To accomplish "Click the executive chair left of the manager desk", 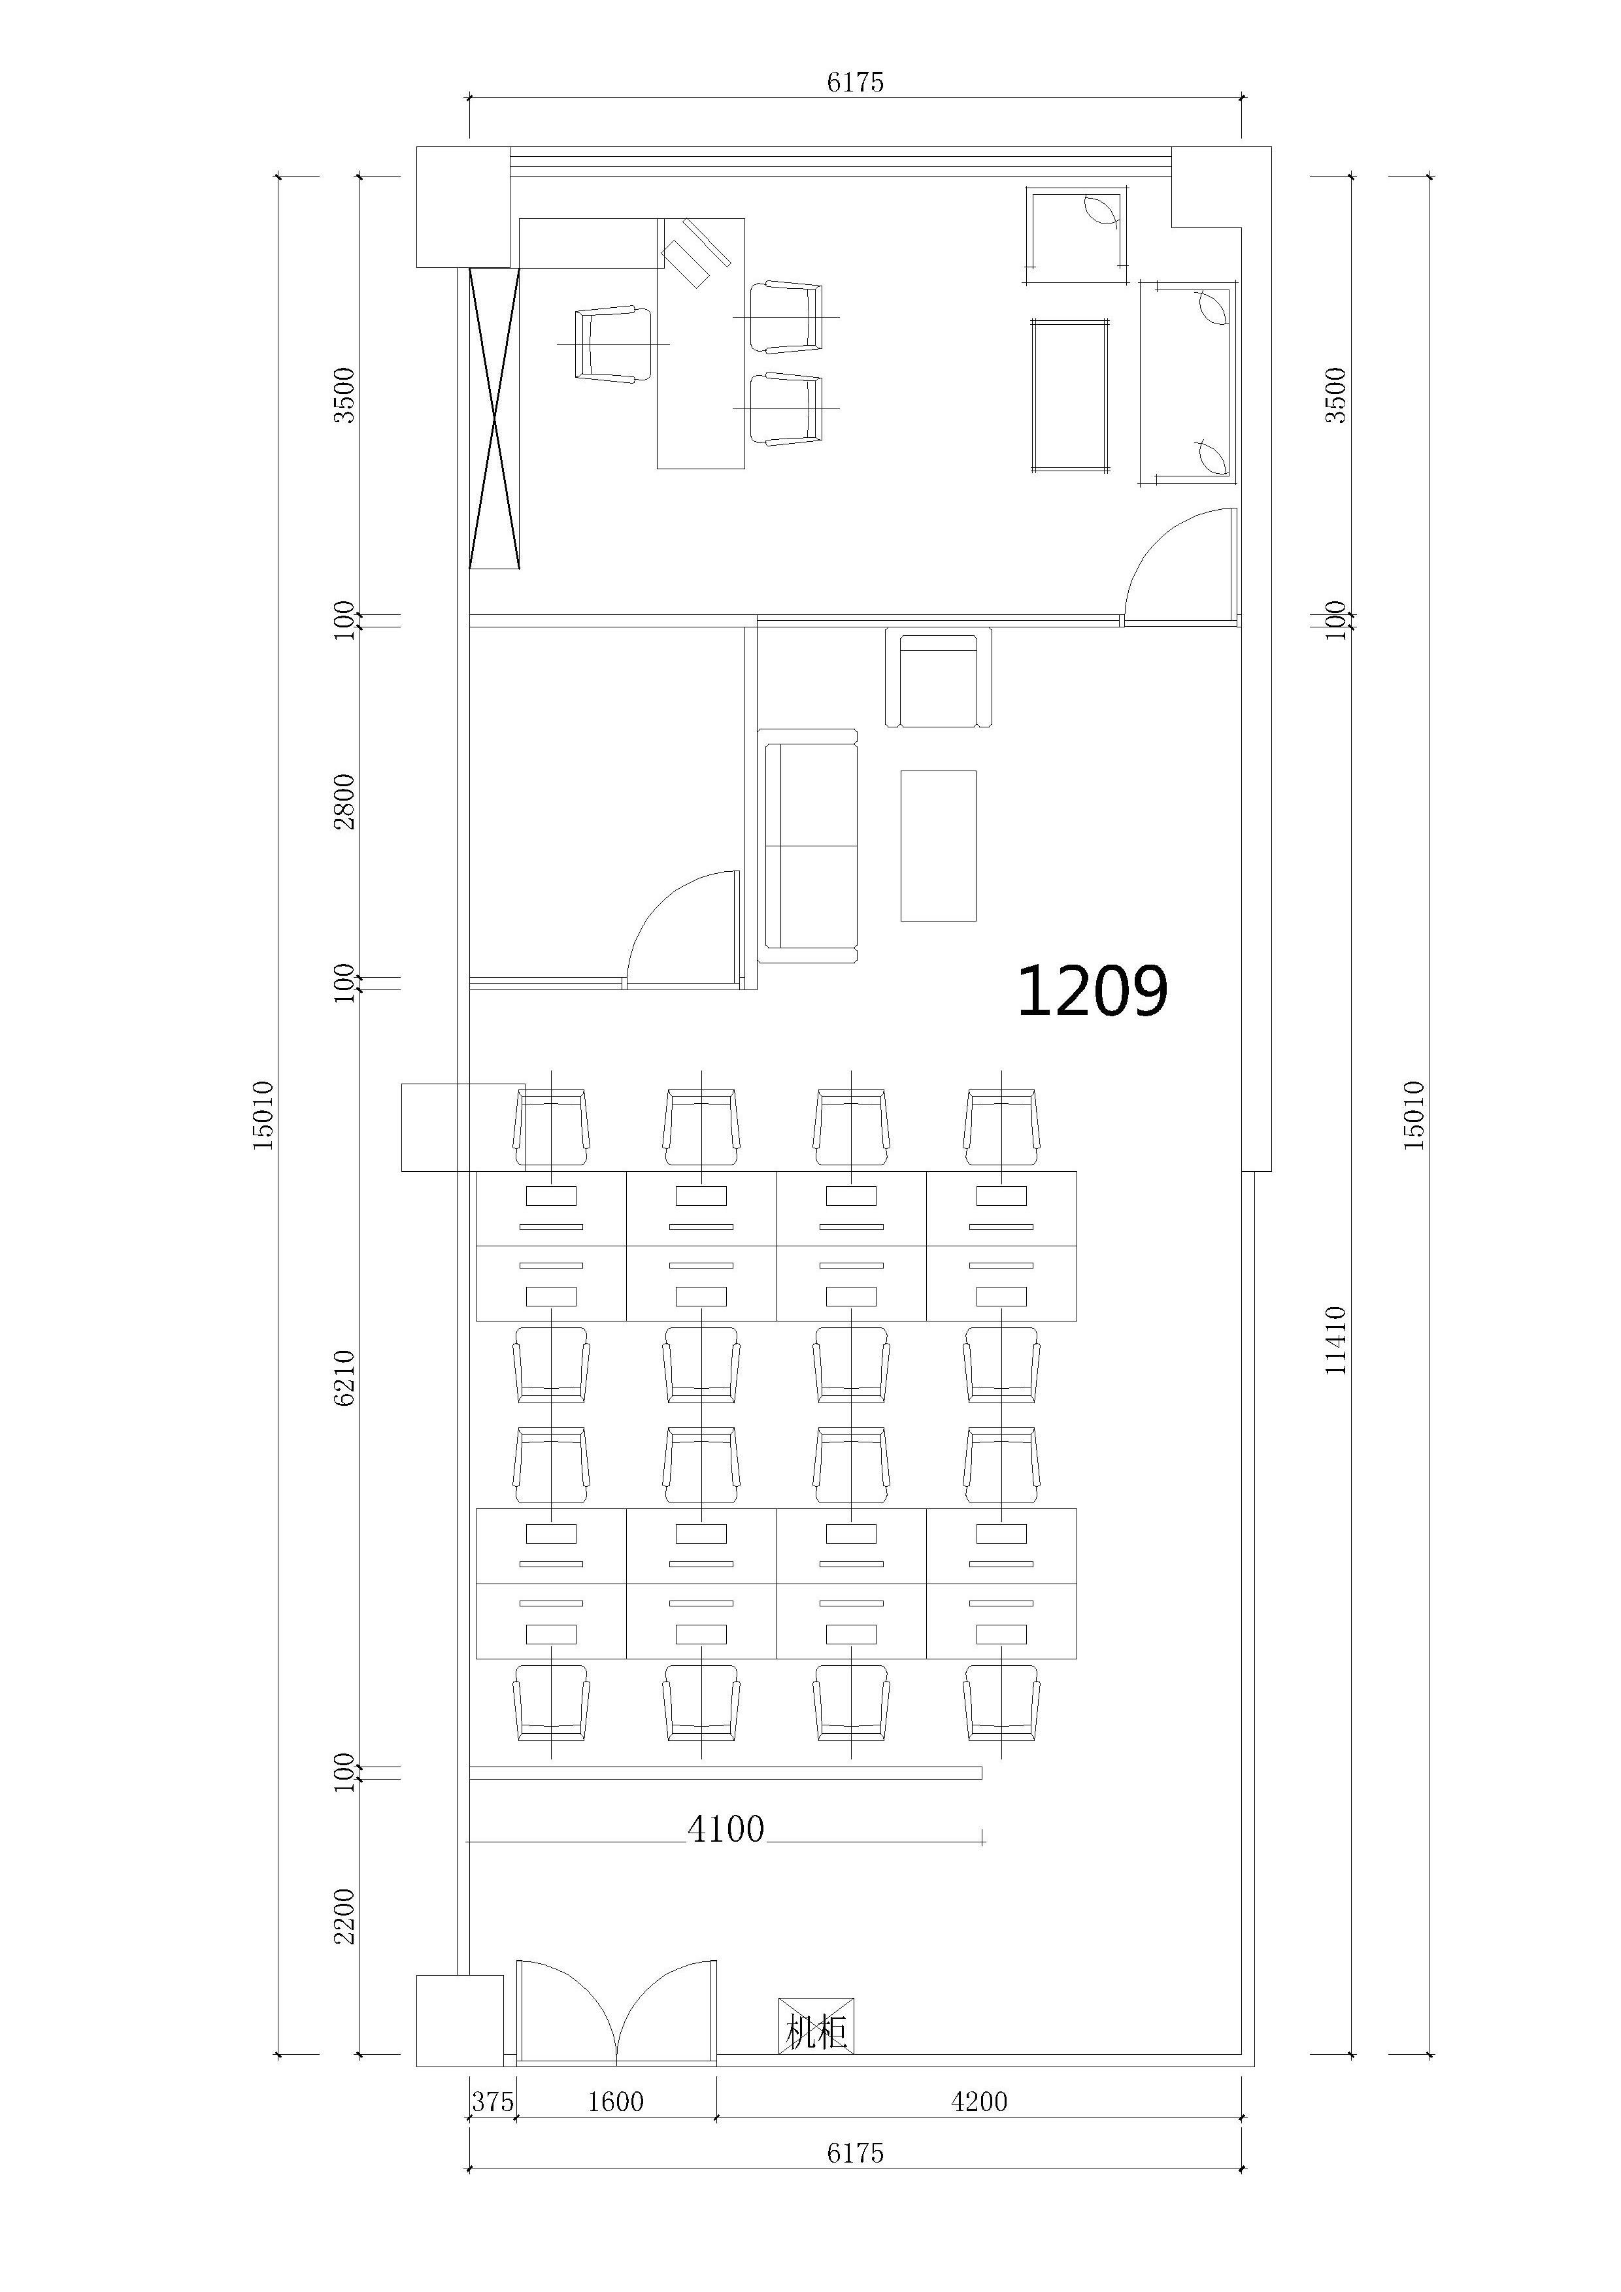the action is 612,344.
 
